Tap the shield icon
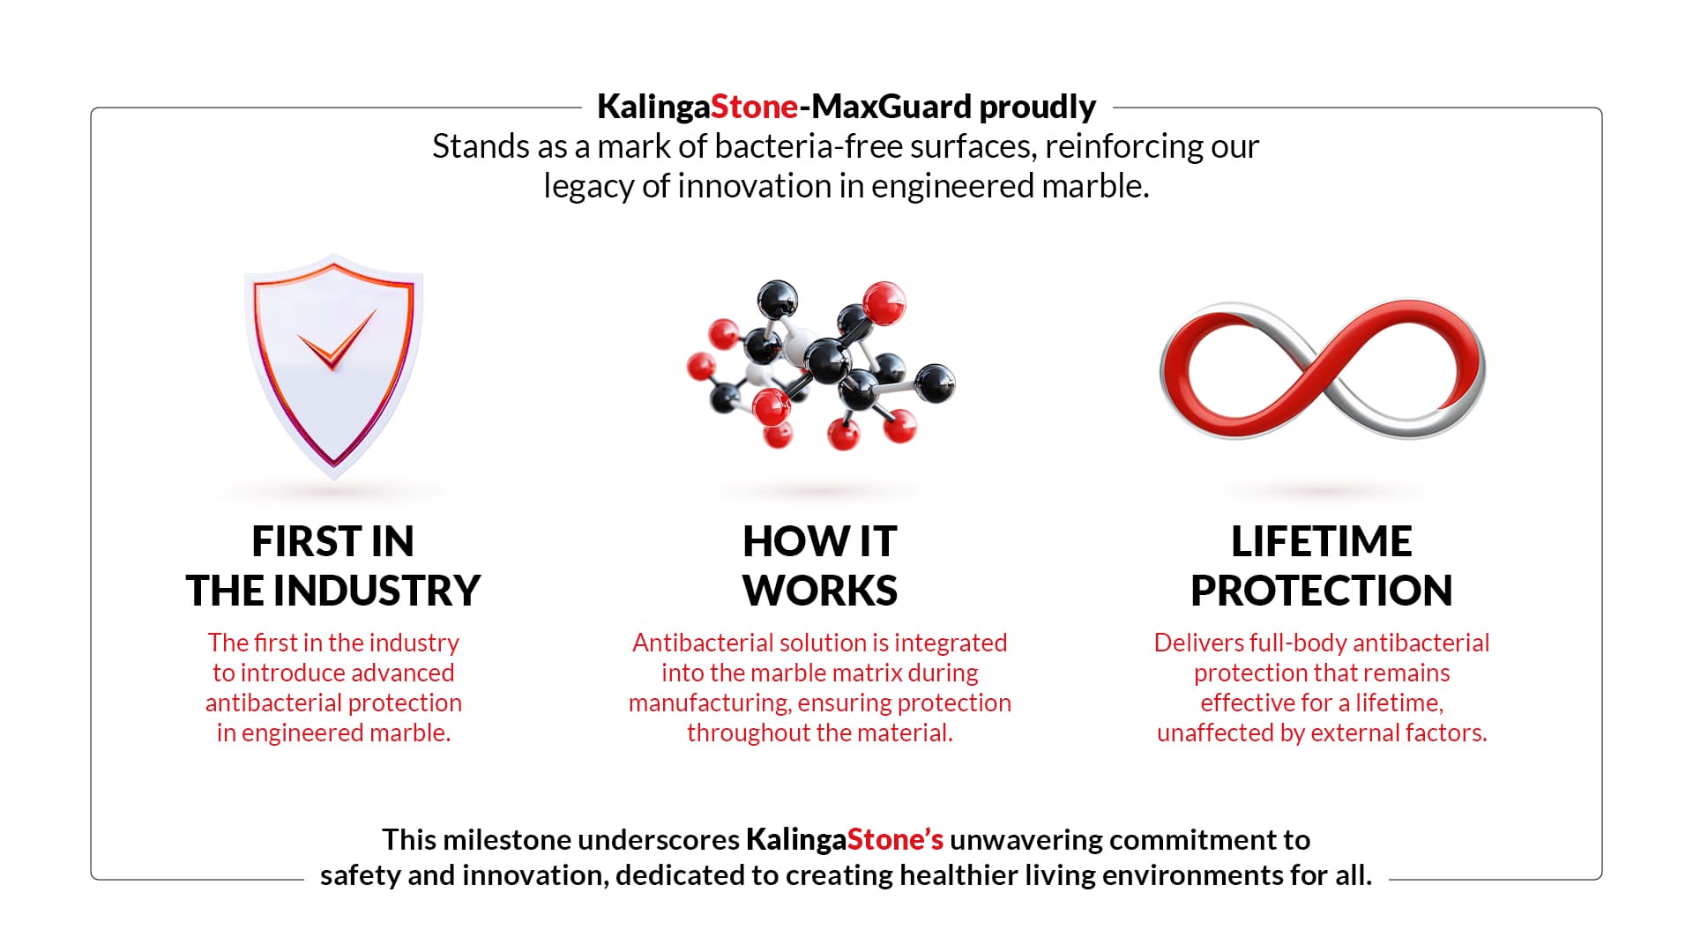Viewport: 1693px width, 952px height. [x=333, y=367]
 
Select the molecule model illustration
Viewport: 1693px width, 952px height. [x=820, y=364]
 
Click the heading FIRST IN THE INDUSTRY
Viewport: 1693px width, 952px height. [x=333, y=566]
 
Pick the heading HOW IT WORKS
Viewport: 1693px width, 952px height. [x=820, y=566]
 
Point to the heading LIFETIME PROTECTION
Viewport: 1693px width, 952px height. [x=1322, y=566]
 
